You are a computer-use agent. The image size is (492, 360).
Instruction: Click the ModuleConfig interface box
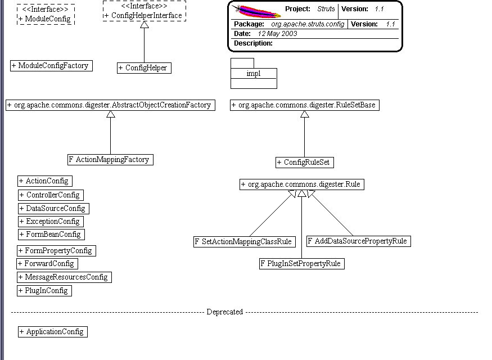pos(46,14)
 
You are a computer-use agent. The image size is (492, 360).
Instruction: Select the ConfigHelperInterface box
pos(144,11)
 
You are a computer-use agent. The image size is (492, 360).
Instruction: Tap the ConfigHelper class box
pos(143,68)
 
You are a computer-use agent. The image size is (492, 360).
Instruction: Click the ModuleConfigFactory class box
pos(51,66)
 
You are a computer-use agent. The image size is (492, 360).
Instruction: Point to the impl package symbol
pos(254,74)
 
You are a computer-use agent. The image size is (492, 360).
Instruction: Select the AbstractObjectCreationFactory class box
pos(110,105)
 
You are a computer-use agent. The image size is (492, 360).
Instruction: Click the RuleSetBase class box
pos(305,105)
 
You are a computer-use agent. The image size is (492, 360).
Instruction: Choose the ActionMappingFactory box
pos(110,160)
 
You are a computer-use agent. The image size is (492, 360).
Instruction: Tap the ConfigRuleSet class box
pos(305,163)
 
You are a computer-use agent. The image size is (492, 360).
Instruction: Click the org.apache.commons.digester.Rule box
pos(302,184)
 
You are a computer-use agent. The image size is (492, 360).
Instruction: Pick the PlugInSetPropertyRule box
pos(301,264)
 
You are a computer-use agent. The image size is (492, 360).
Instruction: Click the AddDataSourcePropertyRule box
pos(358,241)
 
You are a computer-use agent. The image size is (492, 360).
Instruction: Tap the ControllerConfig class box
pos(51,195)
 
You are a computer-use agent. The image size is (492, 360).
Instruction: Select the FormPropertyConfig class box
pos(56,251)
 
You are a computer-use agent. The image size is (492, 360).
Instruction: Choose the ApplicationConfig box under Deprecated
pos(53,332)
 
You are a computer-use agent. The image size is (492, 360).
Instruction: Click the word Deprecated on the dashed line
pos(224,312)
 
